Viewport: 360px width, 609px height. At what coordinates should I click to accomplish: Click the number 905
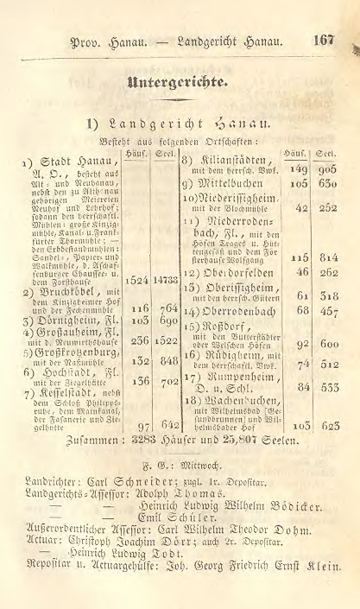[x=326, y=169]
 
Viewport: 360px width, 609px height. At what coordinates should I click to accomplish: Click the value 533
[x=326, y=388]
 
